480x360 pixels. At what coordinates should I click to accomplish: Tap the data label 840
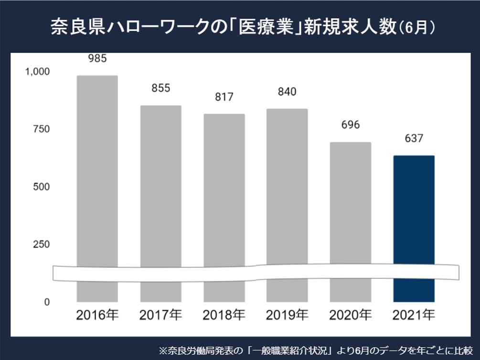[x=287, y=92]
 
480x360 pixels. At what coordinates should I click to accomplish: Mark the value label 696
[x=350, y=125]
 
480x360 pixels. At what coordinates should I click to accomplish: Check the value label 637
[x=413, y=138]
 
